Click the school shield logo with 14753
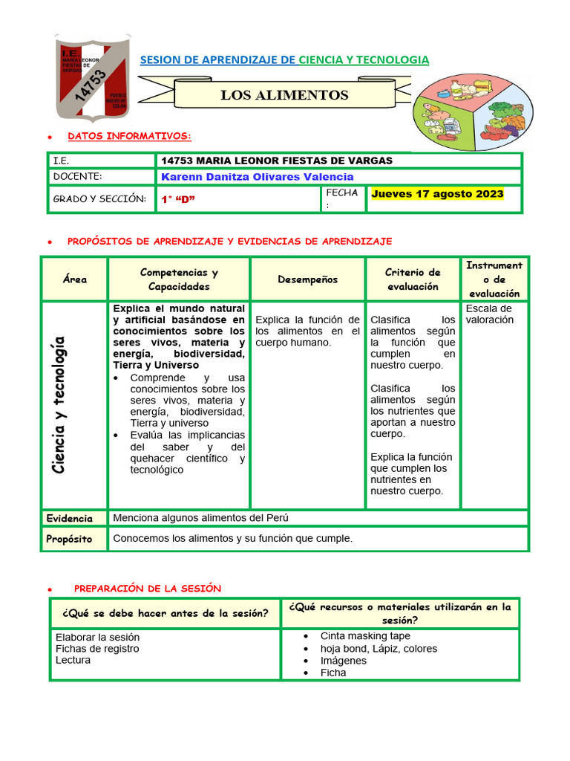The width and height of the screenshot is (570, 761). (94, 77)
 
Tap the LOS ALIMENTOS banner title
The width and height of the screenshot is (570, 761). (284, 95)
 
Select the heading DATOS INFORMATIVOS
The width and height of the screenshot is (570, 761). (129, 136)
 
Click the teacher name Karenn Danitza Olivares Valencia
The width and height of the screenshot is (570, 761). (257, 177)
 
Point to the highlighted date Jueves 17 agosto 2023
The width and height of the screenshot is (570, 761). (437, 194)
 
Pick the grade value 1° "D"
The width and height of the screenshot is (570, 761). (178, 199)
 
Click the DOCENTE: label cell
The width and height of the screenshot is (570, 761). (77, 177)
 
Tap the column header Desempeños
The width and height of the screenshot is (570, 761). (307, 279)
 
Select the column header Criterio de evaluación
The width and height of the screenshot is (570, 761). (413, 279)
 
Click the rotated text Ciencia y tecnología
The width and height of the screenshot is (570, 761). (59, 404)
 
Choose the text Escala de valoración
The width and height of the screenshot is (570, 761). (489, 314)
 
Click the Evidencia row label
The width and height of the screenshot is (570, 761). (70, 519)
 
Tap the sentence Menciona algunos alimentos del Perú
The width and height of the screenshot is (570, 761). (200, 518)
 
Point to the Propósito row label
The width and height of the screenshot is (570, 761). (69, 539)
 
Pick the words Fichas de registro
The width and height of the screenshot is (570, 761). (97, 649)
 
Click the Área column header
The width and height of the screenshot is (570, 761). (75, 279)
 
